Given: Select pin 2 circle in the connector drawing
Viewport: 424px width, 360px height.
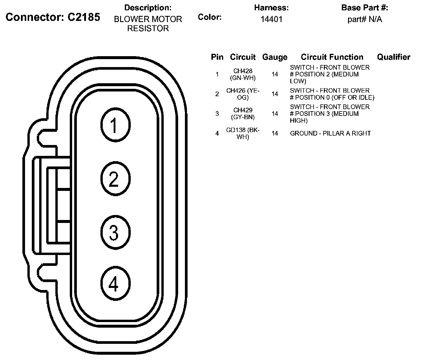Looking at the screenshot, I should point(115,179).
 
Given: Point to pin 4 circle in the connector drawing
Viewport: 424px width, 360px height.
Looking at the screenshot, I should point(115,284).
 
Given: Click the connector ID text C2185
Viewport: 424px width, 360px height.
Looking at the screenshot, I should point(84,17).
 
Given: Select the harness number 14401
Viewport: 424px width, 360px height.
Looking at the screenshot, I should point(271,19).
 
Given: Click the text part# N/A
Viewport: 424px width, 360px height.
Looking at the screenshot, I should point(365,19).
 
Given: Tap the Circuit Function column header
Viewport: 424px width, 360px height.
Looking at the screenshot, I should point(332,57).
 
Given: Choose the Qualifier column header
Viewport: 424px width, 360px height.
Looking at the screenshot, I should point(393,57).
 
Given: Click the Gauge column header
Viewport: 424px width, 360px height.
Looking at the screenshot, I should point(275,57).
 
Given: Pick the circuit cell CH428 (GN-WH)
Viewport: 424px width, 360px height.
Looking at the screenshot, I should point(243,74).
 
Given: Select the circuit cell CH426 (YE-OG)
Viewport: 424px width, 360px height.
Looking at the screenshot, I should point(243,94).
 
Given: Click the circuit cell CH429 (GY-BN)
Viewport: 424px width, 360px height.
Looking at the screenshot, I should point(243,114).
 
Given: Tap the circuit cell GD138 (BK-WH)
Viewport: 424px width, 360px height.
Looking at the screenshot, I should point(243,134).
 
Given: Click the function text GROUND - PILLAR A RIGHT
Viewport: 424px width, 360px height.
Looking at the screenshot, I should point(330,134).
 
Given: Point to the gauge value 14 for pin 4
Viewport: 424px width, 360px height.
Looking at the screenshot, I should point(275,134).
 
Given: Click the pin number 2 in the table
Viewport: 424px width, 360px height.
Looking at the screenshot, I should point(217,94).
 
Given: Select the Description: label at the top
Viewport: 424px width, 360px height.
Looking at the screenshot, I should point(148,8).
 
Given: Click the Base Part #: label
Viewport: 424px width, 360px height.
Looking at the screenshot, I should point(365,8).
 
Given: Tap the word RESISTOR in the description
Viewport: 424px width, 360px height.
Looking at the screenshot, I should point(148,29).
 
